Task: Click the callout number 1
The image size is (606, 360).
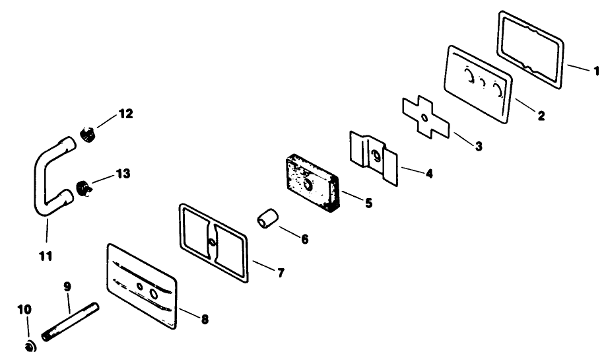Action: tap(596, 70)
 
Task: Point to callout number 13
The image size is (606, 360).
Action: tap(123, 174)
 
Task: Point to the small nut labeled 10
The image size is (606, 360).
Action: tap(30, 346)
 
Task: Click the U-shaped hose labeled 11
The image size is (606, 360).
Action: tap(41, 178)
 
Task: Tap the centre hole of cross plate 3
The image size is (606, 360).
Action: tap(425, 118)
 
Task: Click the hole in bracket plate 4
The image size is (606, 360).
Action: tap(375, 157)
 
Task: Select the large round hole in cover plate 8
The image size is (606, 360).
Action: tap(154, 292)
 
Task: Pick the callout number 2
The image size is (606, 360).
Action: tap(541, 116)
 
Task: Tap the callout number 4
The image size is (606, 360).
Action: tap(429, 174)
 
